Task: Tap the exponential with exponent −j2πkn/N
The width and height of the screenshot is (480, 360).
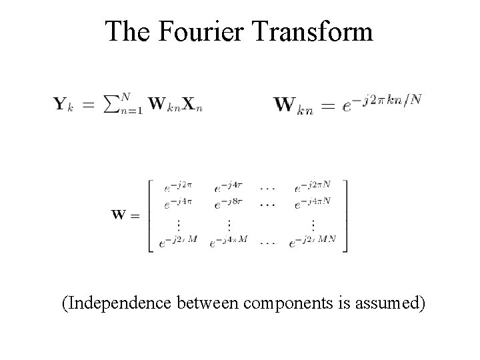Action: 381,103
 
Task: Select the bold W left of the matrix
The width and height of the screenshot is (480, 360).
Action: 121,215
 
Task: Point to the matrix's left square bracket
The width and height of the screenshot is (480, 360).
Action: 149,215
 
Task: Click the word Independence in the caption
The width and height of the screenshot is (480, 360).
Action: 118,305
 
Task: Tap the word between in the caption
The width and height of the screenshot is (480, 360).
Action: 209,305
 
